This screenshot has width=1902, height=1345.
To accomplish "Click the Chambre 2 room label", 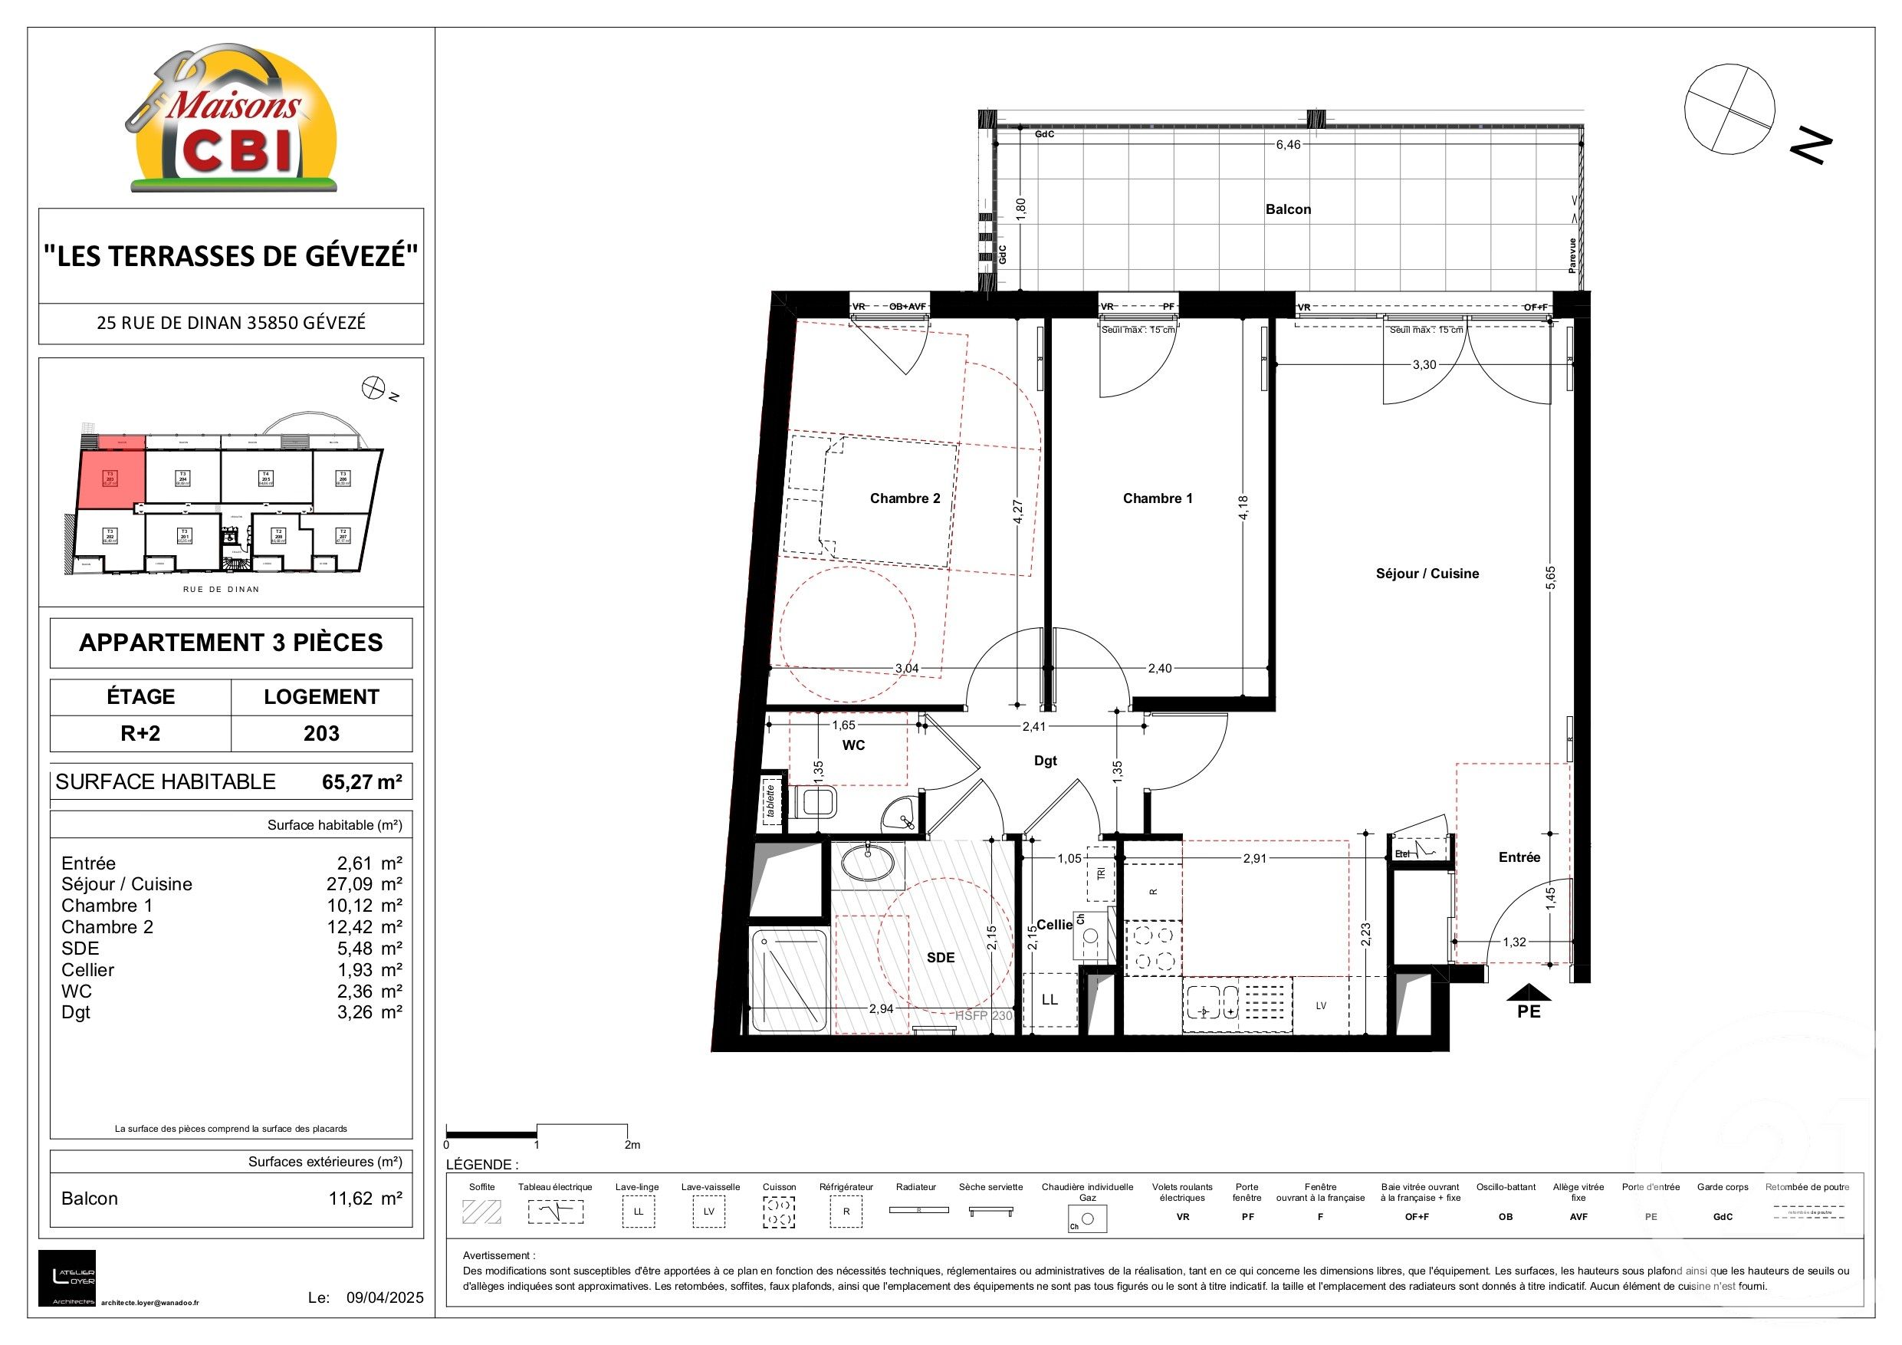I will (x=905, y=498).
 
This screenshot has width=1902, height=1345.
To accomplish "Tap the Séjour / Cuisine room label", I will (x=1427, y=574).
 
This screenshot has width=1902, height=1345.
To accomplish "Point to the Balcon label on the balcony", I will (x=1287, y=209).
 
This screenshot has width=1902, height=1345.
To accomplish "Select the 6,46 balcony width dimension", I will (x=1288, y=145).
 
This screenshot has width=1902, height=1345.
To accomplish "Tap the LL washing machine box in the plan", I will (x=1050, y=999).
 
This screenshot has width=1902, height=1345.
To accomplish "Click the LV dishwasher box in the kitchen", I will (x=1320, y=1006).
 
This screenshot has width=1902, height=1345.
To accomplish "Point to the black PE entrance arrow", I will (x=1529, y=992).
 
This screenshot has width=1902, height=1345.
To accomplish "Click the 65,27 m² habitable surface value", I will (x=362, y=782).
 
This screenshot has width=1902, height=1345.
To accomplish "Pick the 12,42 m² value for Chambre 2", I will (x=364, y=927).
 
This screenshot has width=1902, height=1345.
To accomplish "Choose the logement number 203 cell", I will (x=321, y=733).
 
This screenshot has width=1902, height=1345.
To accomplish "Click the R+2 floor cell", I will (x=140, y=733).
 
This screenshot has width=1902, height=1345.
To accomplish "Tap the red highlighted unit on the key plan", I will (x=111, y=478).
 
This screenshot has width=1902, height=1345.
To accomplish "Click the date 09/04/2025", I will (x=384, y=1297).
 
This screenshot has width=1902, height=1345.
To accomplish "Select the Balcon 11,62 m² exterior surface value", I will (x=364, y=1199).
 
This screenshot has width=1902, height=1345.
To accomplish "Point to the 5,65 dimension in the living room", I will (x=1551, y=578).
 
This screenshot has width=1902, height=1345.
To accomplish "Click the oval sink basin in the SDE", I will (x=867, y=863).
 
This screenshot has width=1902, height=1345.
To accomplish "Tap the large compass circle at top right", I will (x=1729, y=110).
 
